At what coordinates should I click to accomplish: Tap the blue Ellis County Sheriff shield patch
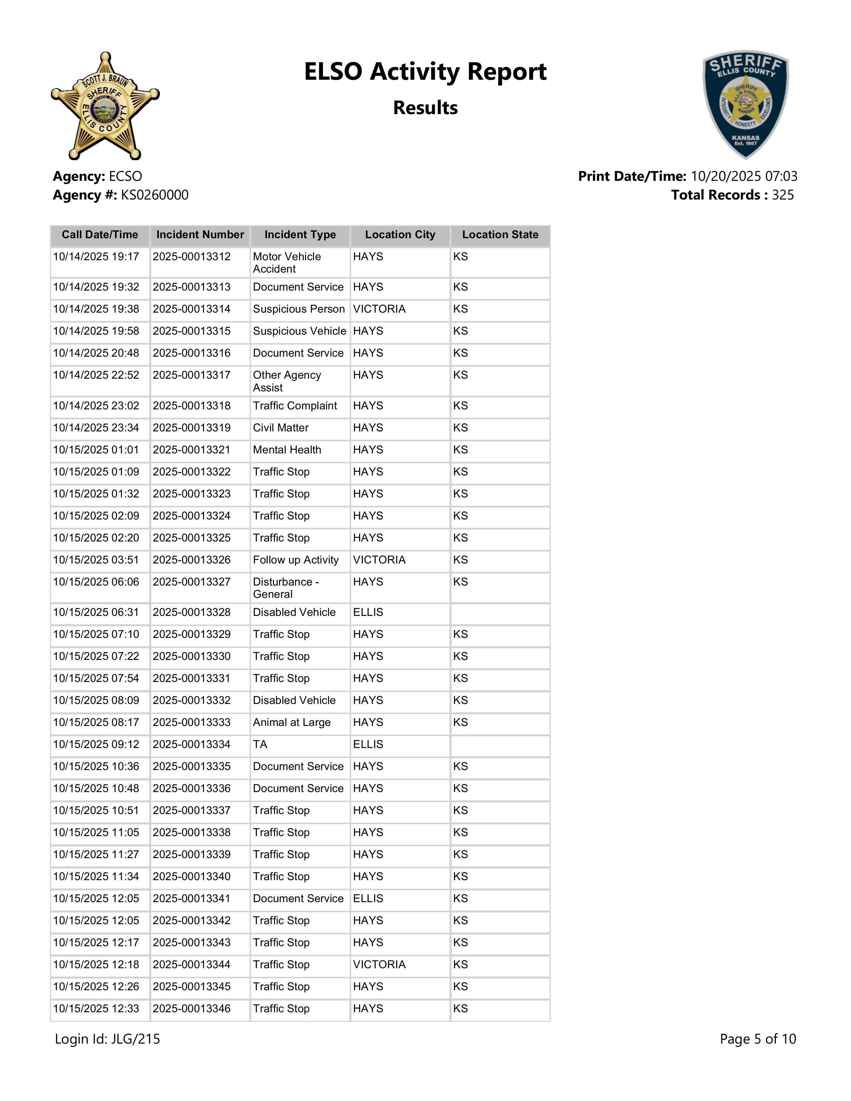(746, 104)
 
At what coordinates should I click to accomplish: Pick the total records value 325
(783, 195)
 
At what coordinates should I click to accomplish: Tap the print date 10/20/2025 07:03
(744, 176)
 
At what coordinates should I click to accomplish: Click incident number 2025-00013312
(192, 257)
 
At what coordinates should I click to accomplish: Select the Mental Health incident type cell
(287, 450)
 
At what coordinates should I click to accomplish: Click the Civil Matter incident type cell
(281, 428)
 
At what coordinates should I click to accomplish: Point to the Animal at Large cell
(291, 722)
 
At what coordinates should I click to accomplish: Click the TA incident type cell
(260, 745)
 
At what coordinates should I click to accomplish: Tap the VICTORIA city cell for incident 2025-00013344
(379, 965)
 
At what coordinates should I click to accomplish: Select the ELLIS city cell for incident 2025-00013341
(368, 898)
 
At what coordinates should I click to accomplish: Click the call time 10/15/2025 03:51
(96, 560)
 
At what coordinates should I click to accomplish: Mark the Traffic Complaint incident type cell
(295, 406)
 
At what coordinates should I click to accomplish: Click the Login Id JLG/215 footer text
(107, 1039)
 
